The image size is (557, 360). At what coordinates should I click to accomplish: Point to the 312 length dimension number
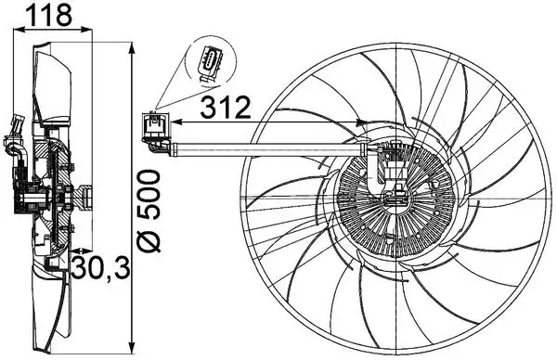tap(227, 108)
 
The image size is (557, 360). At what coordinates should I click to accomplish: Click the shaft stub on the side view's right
tap(85, 196)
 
